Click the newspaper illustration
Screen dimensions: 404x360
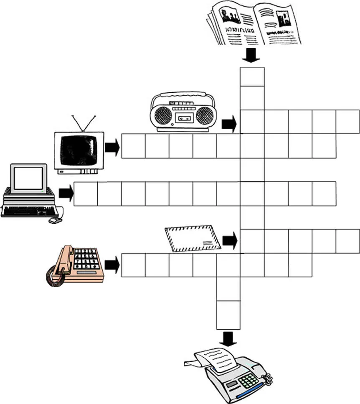click(254, 23)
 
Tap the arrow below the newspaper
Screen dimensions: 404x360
click(251, 55)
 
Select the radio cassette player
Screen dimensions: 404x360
click(184, 112)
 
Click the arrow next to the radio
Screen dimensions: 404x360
click(229, 124)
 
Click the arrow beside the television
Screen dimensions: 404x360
click(112, 147)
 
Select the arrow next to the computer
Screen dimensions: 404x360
click(66, 193)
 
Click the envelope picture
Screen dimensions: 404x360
click(193, 239)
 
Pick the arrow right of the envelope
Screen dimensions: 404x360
click(230, 240)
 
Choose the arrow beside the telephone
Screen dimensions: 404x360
click(112, 264)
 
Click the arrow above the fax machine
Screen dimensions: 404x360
click(228, 338)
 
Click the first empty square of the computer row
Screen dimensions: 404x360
click(86, 194)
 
